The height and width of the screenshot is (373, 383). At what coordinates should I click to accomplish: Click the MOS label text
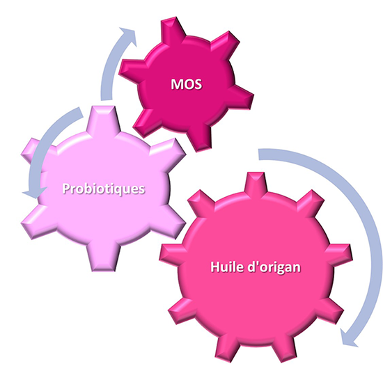[x=187, y=84]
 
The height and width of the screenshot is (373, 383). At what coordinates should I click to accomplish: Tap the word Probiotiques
[x=104, y=189]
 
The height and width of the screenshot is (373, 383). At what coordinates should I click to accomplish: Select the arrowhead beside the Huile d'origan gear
[x=349, y=338]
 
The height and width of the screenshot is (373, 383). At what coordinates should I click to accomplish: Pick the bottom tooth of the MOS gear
[x=199, y=138]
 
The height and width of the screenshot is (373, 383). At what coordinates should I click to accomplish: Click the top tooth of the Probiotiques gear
[x=104, y=120]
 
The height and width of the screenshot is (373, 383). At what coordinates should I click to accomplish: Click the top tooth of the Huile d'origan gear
[x=256, y=182]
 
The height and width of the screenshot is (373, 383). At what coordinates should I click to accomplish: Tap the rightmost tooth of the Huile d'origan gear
[x=341, y=255]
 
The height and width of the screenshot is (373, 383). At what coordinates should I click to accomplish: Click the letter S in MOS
[x=197, y=84]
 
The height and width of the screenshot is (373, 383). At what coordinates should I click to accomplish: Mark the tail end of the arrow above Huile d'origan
[x=259, y=154]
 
